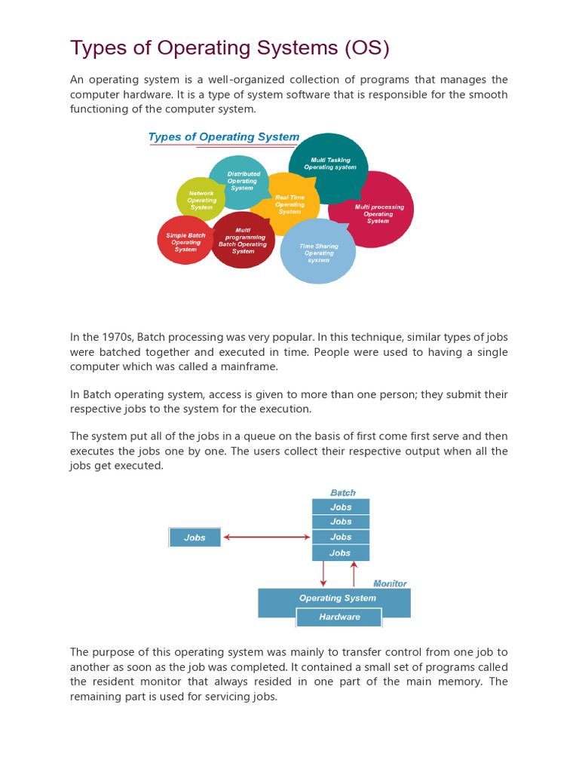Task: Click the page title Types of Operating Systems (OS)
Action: (230, 48)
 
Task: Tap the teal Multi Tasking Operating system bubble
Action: (329, 164)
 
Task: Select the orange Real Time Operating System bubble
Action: (289, 204)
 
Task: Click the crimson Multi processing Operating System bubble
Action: (378, 213)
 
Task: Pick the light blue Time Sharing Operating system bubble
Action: (318, 253)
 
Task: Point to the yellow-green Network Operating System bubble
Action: (201, 200)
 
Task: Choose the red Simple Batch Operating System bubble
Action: (185, 242)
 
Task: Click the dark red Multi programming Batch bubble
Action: (243, 240)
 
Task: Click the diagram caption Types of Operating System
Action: (224, 137)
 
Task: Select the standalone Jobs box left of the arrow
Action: (195, 538)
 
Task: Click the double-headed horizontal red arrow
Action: (267, 537)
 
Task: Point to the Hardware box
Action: (339, 617)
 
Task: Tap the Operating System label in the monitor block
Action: (337, 598)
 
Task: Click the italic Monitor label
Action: (391, 584)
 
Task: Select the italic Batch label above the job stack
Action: (342, 493)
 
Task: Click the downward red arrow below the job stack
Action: (323, 574)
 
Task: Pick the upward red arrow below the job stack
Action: (354, 574)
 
